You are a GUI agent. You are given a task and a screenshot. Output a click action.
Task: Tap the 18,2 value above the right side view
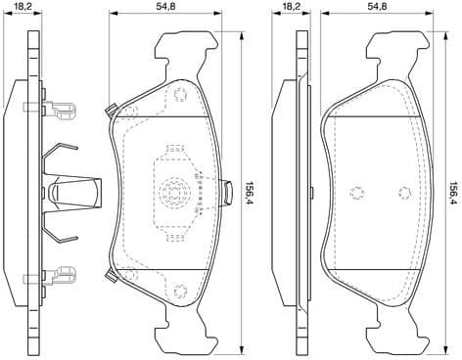point(291,7)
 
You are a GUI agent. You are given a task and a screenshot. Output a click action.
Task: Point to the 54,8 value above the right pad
point(379,7)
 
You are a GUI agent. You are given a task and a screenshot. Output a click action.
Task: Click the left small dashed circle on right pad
point(356,192)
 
